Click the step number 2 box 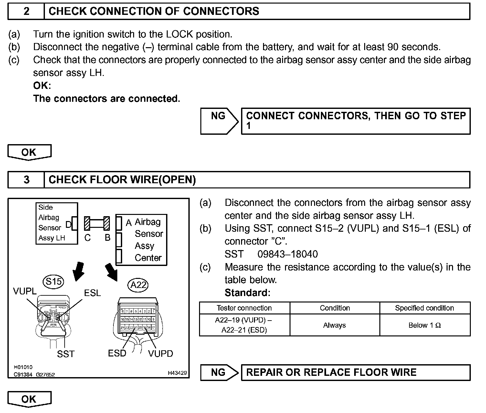coord(26,11)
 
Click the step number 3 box coord(26,180)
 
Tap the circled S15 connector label coord(54,282)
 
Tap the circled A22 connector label coord(138,285)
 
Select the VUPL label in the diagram coord(25,291)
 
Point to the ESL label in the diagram coord(92,293)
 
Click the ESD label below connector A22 coord(117,353)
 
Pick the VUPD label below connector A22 coord(161,354)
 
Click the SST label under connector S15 coord(66,354)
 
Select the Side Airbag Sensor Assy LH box coord(57,223)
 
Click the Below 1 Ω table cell coord(425,325)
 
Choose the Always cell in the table coord(334,325)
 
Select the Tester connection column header coord(244,308)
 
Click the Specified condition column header coord(425,308)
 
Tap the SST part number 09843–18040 coord(288,254)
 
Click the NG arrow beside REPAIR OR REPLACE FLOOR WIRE coord(219,372)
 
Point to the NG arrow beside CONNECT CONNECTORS coord(219,121)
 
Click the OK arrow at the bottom coord(29,399)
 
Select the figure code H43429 coord(177,373)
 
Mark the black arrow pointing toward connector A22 coord(111,271)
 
